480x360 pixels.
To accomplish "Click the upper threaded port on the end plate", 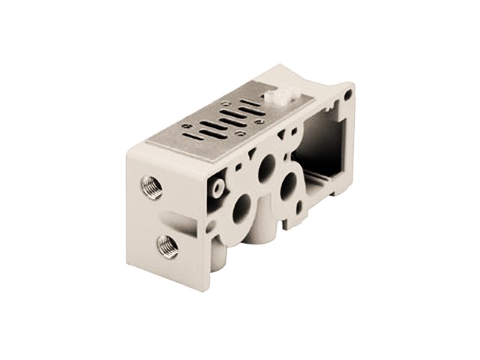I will pos(151,187).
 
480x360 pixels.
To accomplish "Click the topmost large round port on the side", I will pos(265,168).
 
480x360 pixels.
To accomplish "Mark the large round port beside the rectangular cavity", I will pos(288,187).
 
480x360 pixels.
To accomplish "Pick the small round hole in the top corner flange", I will pos(348,94).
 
